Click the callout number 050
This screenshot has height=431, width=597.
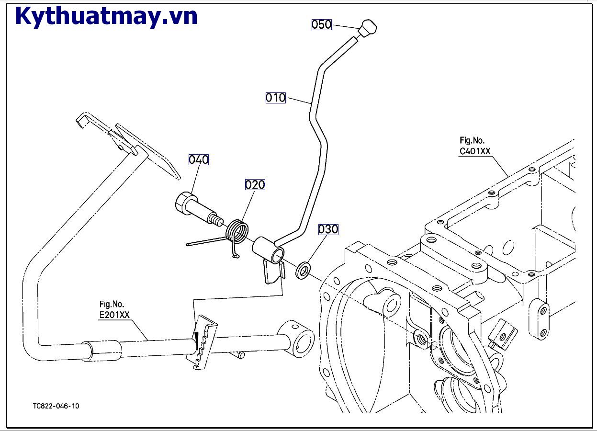coord(321,24)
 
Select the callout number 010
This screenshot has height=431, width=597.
coord(275,98)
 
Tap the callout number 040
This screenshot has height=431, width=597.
coord(198,159)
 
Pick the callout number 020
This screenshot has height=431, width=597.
coord(255,184)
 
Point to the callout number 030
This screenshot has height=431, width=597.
coord(328,229)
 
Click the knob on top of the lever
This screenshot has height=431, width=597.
coord(367,29)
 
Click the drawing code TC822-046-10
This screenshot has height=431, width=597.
coord(56,406)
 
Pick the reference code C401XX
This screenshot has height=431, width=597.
coord(475,151)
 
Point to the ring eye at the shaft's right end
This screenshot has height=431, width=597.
coord(301,337)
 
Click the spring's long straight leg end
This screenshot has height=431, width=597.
coord(190,244)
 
